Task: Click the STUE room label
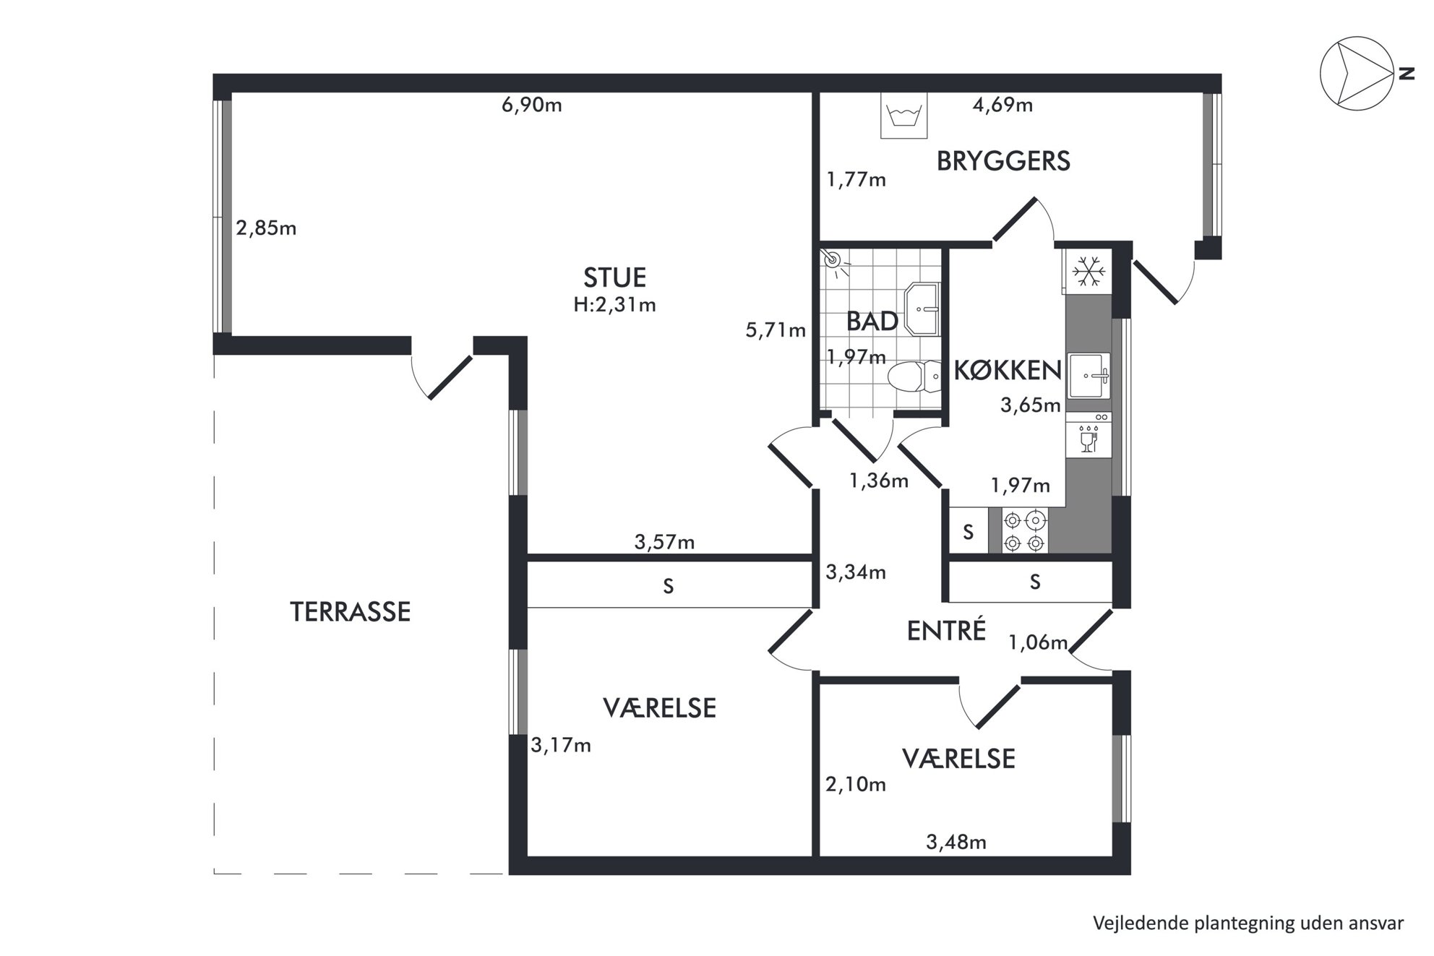614,277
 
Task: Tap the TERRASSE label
351,612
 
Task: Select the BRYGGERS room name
1003,161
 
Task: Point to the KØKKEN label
1008,370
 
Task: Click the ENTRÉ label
946,630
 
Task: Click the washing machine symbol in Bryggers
903,116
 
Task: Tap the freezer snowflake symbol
1088,272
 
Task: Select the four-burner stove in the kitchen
1024,531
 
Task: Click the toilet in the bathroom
914,376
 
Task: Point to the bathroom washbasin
922,309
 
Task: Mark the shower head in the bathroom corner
835,260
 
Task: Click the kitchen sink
1089,376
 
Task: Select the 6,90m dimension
532,105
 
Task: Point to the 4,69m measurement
1002,105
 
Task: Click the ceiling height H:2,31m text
614,305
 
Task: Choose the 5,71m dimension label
776,330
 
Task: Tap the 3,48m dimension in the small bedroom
956,842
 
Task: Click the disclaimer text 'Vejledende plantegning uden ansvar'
1248,923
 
